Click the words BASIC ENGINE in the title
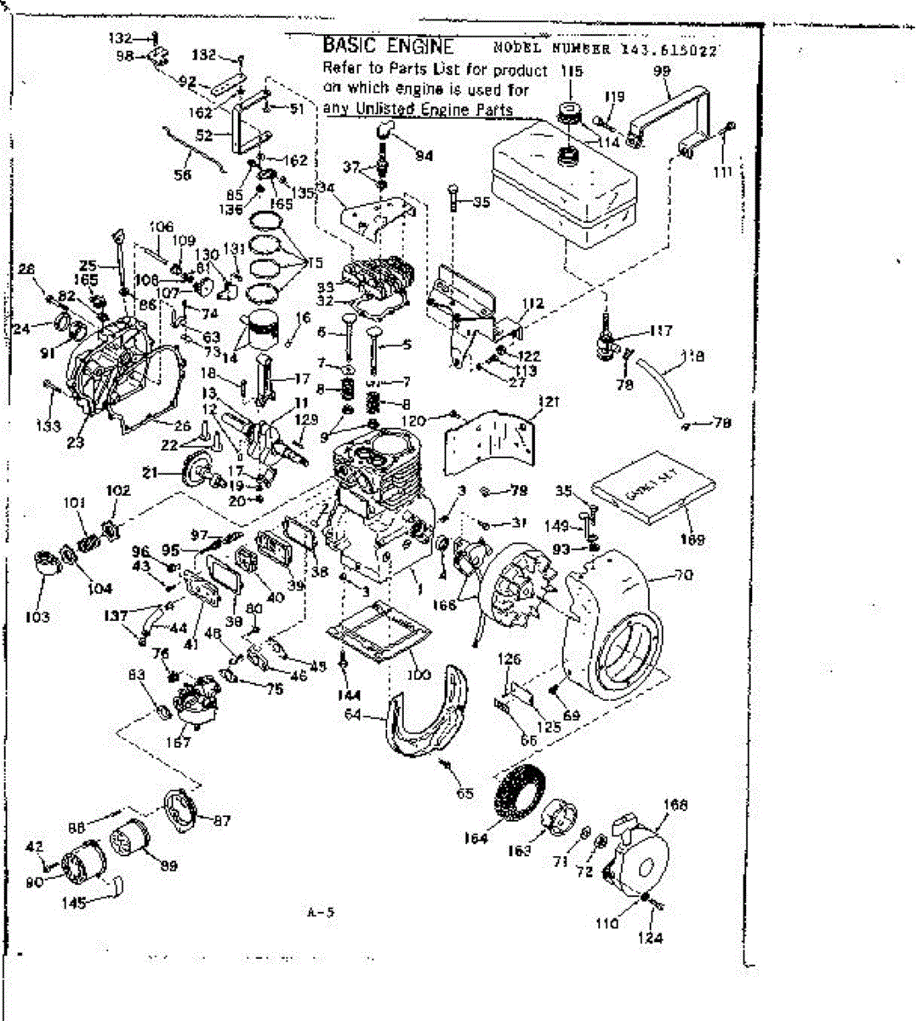click(388, 47)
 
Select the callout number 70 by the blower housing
click(683, 574)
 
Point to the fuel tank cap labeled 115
click(565, 114)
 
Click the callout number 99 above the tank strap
click(661, 71)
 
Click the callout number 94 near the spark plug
click(424, 155)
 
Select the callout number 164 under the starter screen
click(476, 837)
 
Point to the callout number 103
click(37, 616)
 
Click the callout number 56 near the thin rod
click(182, 175)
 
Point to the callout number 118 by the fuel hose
click(693, 356)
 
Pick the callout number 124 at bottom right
click(653, 938)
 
